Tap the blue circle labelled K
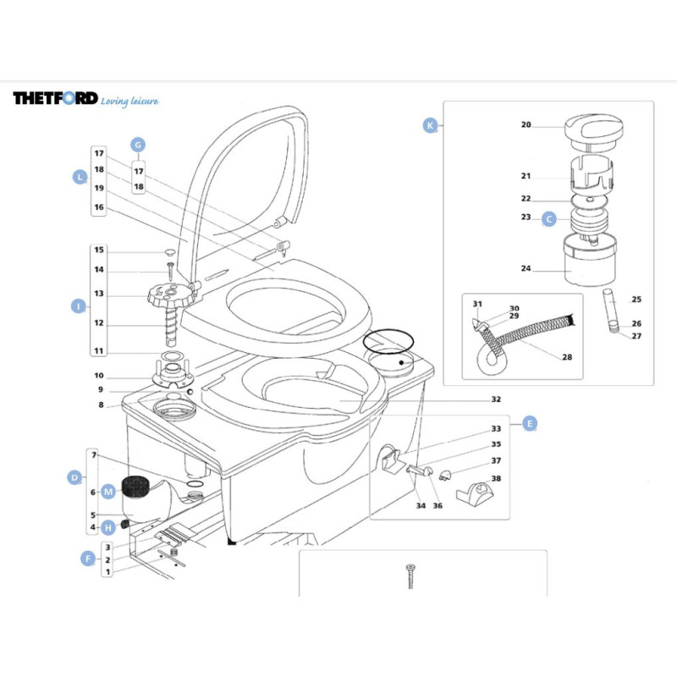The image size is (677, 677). point(430,125)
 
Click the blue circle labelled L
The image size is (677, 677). point(80,177)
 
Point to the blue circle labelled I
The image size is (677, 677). point(78,306)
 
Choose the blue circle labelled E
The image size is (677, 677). point(530,424)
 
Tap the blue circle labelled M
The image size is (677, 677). point(108,491)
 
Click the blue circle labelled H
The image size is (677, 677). point(108,527)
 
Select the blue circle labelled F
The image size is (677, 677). point(86,558)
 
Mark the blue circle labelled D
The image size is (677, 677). point(74,478)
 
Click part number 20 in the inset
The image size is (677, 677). point(526,124)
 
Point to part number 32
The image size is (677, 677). point(496,399)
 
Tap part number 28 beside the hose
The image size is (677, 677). point(566,357)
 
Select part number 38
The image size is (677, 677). point(496,478)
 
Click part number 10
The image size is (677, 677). point(99,375)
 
